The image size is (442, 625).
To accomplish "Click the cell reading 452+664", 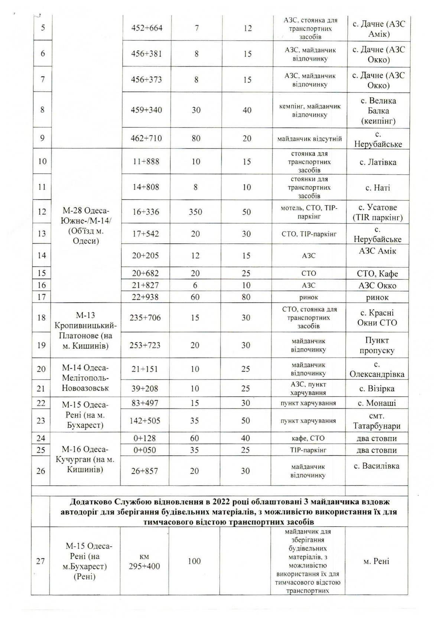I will click(147, 28).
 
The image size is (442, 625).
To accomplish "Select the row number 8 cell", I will click(42, 110).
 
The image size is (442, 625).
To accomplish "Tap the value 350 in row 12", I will click(195, 212).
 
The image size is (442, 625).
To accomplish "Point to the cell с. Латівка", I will click(378, 162).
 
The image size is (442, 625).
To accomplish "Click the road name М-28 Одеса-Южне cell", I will click(87, 226).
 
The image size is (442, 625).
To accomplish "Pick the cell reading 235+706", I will click(145, 318).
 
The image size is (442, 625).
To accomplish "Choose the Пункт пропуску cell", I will click(377, 345).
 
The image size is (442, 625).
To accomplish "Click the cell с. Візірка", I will click(377, 389).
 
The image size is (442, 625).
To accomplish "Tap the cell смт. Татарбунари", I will click(377, 421).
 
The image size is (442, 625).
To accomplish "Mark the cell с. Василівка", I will click(377, 466).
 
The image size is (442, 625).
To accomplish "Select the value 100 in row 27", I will click(194, 561).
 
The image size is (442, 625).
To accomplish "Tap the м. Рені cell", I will click(376, 561).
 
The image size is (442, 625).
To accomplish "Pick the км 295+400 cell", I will click(144, 561).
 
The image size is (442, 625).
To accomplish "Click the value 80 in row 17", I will click(246, 297).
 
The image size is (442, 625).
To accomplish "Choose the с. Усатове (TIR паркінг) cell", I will click(378, 212).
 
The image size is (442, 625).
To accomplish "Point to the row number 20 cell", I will click(42, 369).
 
